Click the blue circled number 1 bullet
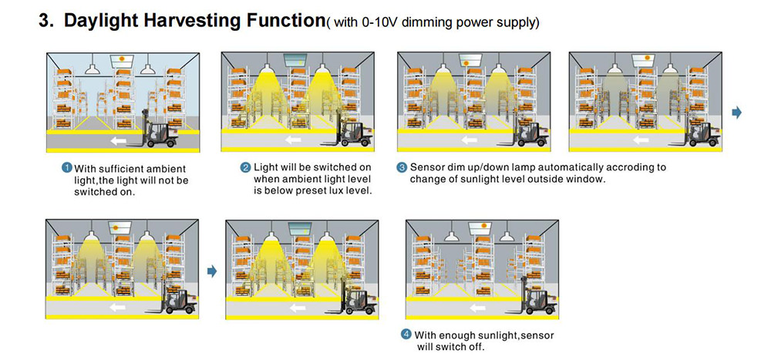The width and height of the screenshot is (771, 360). [67, 167]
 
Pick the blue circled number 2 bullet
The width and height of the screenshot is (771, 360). [245, 167]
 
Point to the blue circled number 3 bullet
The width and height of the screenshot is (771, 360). [402, 167]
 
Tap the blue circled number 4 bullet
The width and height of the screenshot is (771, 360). [406, 335]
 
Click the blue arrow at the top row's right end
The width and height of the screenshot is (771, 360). [736, 113]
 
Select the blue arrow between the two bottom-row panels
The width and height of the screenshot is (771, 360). [212, 271]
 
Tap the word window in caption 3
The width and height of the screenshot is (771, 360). [584, 179]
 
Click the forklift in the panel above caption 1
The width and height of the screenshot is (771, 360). [162, 134]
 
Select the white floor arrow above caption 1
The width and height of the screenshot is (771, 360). [118, 140]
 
